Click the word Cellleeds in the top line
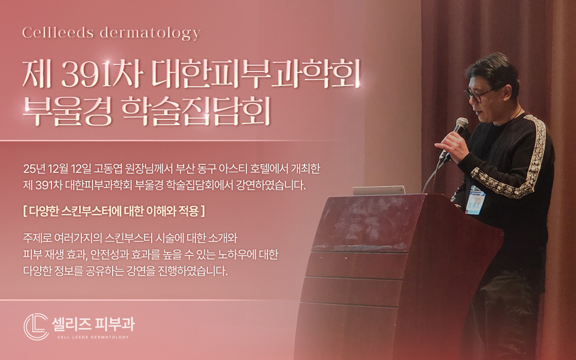[57, 33]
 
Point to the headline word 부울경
[66, 113]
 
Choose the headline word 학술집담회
[193, 113]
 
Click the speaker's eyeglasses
[478, 94]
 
